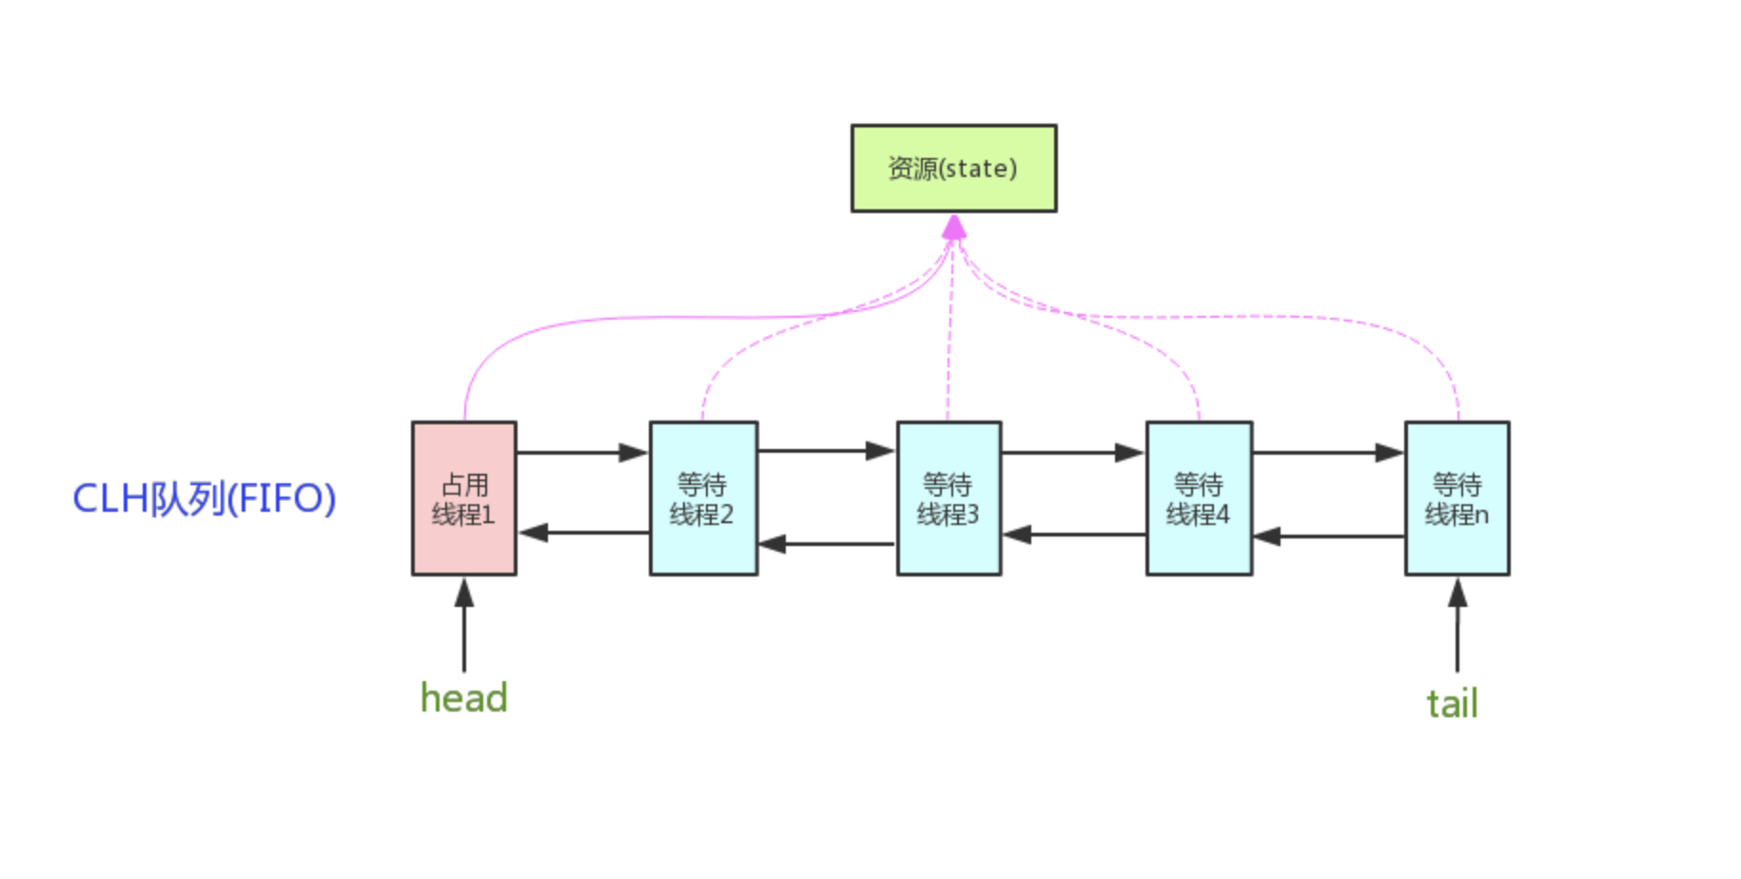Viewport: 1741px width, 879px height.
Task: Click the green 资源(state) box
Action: pyautogui.click(x=953, y=168)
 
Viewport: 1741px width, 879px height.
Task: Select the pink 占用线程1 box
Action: pyautogui.click(x=464, y=498)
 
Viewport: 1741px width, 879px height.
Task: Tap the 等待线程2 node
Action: pyautogui.click(x=703, y=498)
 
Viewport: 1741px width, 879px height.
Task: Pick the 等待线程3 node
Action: pyautogui.click(x=949, y=498)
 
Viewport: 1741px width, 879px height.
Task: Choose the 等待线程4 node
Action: pyautogui.click(x=1199, y=498)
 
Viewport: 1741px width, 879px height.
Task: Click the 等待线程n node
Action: pyautogui.click(x=1457, y=498)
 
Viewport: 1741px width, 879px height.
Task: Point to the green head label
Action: pyautogui.click(x=464, y=698)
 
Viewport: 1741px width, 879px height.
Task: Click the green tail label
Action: pyautogui.click(x=1452, y=704)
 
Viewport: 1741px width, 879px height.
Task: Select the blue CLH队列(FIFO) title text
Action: pyautogui.click(x=205, y=498)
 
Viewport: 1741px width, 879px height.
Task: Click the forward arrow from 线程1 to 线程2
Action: pyautogui.click(x=582, y=453)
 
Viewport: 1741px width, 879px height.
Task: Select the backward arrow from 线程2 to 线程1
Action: pyautogui.click(x=582, y=533)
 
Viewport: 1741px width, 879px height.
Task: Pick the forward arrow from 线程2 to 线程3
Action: pyautogui.click(x=827, y=451)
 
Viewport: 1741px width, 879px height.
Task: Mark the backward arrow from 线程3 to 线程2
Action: pyautogui.click(x=827, y=544)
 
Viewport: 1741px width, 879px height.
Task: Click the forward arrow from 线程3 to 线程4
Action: pyautogui.click(x=1073, y=453)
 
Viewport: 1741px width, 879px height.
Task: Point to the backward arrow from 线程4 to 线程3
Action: pyautogui.click(x=1073, y=535)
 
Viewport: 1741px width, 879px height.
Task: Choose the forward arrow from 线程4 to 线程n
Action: pyautogui.click(x=1328, y=453)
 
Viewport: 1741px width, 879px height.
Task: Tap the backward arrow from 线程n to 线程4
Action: pyautogui.click(x=1328, y=537)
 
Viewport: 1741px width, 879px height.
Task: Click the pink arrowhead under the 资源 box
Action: pyautogui.click(x=954, y=227)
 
